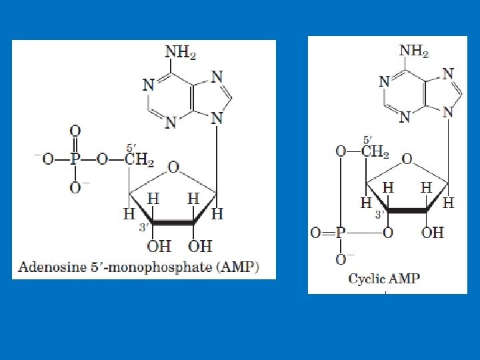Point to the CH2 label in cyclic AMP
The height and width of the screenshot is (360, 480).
tap(375, 152)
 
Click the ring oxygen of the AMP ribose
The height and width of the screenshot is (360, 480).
tap(173, 167)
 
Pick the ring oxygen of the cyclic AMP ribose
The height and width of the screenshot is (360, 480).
tap(407, 160)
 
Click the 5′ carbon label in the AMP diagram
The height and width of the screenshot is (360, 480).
tap(131, 147)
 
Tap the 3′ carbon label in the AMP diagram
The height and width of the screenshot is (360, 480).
tap(142, 227)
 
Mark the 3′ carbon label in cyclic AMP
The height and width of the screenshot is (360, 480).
tap(378, 215)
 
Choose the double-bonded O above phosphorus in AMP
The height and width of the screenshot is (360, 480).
tap(75, 131)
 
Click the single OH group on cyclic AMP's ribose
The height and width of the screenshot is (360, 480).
tap(433, 233)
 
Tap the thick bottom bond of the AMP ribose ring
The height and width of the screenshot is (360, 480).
tap(173, 221)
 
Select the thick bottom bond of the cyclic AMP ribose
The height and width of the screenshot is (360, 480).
tap(407, 211)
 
